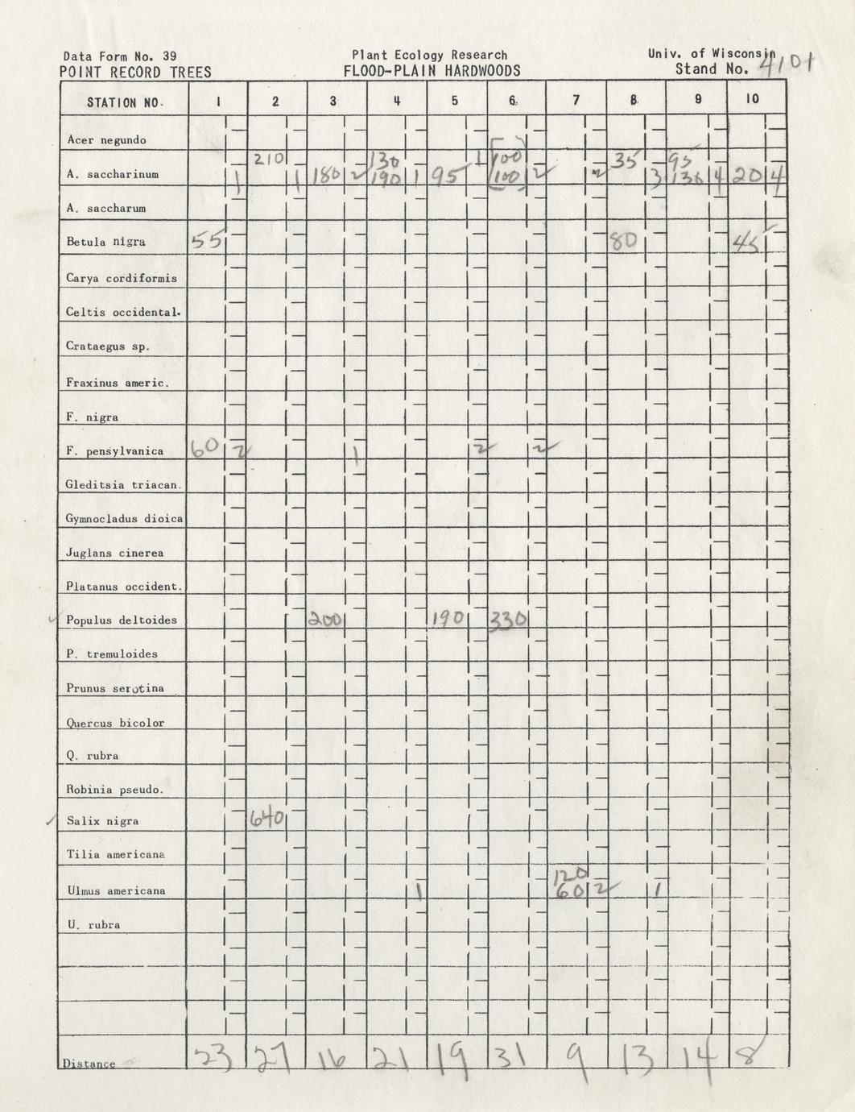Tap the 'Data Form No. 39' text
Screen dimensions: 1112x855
click(120, 56)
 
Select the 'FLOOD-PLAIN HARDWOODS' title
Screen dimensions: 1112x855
click(432, 71)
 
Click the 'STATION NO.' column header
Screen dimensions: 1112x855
click(125, 102)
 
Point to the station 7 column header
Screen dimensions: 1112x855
click(576, 101)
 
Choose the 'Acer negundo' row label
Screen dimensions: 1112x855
click(106, 140)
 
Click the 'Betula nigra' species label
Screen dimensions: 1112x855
click(106, 242)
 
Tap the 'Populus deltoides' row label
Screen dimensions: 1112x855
click(122, 620)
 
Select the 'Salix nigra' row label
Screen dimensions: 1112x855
click(103, 821)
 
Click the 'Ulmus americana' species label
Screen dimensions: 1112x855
click(117, 890)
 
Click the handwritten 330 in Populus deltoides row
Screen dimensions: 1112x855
click(508, 620)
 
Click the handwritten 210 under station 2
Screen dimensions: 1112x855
click(268, 159)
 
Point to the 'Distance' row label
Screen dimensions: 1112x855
click(89, 1064)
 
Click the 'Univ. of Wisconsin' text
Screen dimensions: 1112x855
click(710, 54)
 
